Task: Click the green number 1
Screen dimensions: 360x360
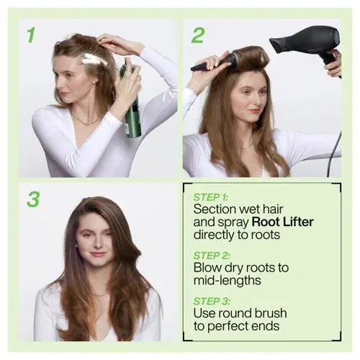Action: [x=31, y=35]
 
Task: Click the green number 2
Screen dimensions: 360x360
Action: [x=197, y=35]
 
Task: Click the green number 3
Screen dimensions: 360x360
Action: [x=33, y=199]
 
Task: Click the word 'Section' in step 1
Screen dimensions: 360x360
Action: [x=217, y=209]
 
